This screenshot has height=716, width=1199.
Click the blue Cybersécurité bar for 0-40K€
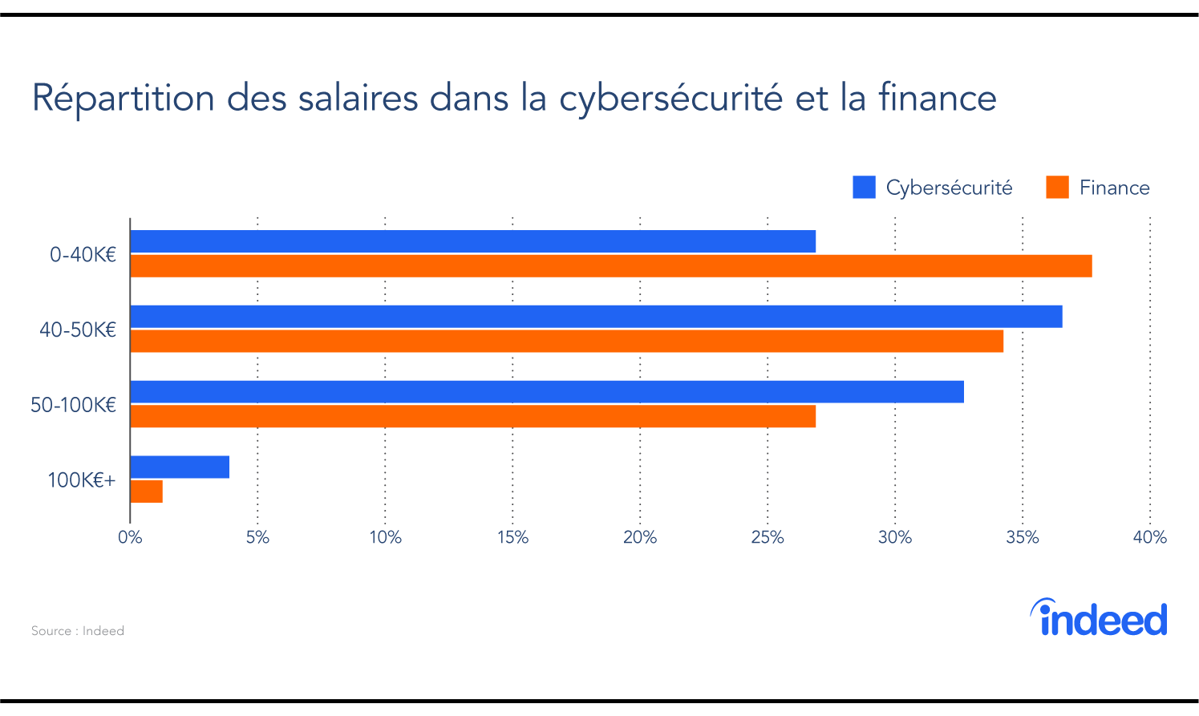tap(472, 241)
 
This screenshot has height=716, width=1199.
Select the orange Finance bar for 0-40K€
tap(610, 266)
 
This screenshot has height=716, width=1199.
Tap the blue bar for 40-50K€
tap(596, 317)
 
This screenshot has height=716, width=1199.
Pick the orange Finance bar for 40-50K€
tap(566, 342)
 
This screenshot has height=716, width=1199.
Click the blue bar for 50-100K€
tap(546, 392)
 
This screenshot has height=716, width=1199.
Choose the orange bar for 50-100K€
tap(472, 417)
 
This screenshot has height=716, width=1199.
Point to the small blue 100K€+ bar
tap(180, 467)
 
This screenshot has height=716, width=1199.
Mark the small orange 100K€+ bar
tap(146, 492)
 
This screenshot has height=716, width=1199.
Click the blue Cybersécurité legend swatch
tap(864, 188)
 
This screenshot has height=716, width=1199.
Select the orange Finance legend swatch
tap(1057, 188)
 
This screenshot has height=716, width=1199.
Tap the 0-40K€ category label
tap(83, 255)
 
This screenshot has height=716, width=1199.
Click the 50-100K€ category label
tap(73, 405)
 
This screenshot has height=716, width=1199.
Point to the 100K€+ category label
tap(81, 480)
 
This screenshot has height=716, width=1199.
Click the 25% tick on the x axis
tap(767, 538)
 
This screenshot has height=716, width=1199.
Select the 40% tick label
tap(1148, 538)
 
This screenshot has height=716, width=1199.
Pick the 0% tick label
tap(130, 538)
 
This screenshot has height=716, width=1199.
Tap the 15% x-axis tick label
tap(512, 538)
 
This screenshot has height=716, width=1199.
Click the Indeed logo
tap(1098, 618)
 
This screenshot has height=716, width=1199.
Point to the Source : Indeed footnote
tap(78, 631)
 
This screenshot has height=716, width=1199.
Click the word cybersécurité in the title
tap(670, 99)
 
